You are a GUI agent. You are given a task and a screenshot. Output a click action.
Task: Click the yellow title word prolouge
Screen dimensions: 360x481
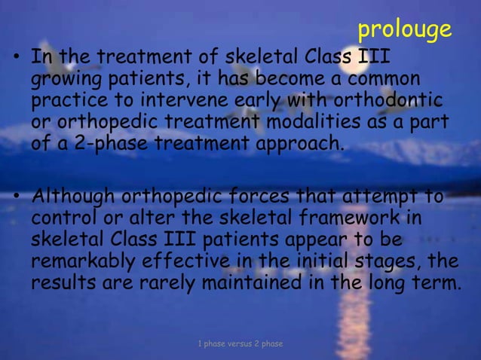pyautogui.click(x=404, y=29)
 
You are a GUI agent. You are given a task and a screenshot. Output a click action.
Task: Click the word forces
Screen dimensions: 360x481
pyautogui.click(x=256, y=198)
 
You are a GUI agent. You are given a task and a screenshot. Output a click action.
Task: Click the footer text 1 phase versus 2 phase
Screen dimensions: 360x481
pyautogui.click(x=240, y=344)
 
